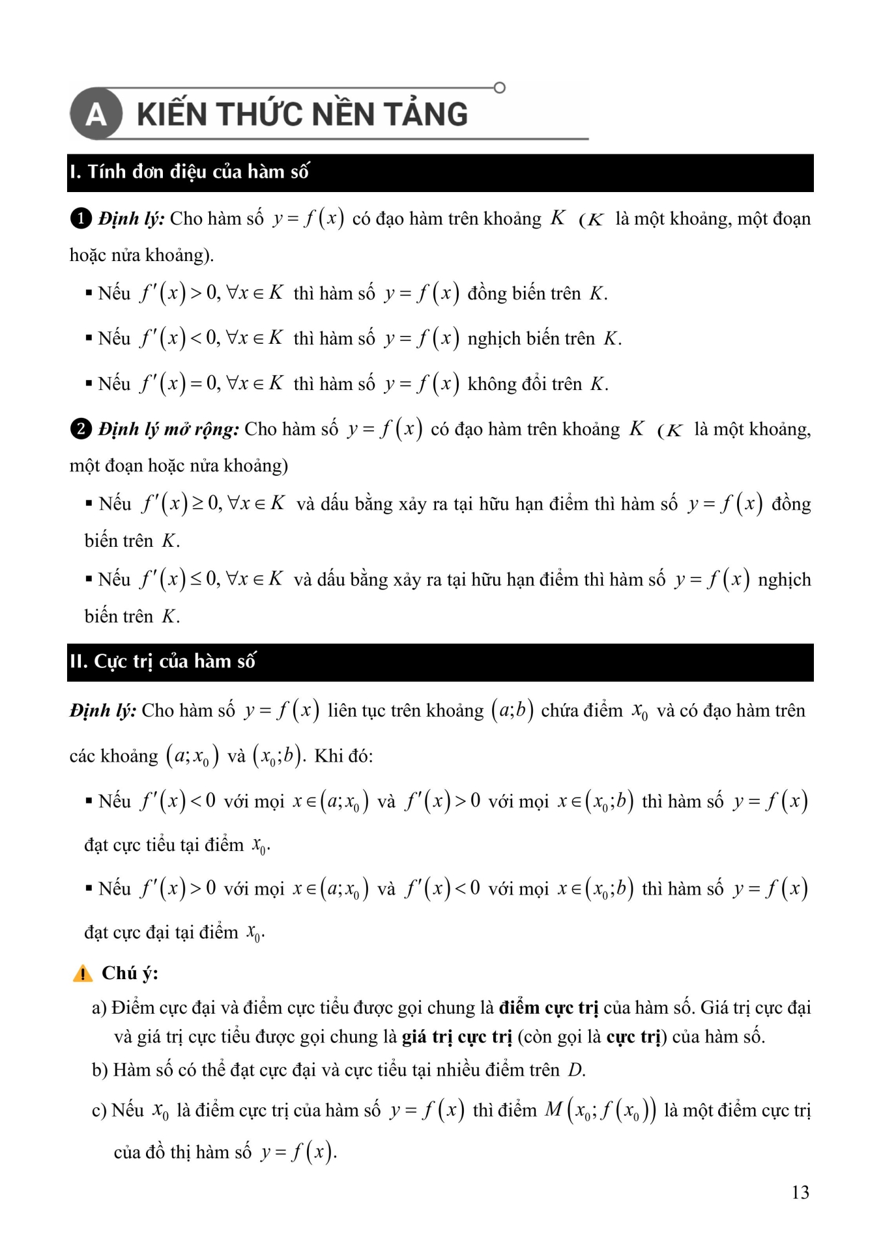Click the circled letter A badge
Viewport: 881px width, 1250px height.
point(96,114)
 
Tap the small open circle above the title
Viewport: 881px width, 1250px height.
point(500,87)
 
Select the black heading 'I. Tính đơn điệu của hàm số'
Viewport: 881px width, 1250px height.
point(190,172)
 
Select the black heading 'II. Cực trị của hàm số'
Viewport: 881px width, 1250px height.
point(163,661)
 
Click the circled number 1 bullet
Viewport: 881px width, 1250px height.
point(80,218)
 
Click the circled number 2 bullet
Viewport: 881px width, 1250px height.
point(80,429)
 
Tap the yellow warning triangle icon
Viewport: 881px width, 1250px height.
point(83,974)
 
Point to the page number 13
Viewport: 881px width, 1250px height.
point(800,1192)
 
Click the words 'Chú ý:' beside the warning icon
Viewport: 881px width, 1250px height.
point(130,973)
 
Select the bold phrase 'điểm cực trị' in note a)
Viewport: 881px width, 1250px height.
point(548,1008)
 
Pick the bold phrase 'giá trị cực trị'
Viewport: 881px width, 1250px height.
point(457,1036)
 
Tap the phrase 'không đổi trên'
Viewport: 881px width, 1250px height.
point(525,384)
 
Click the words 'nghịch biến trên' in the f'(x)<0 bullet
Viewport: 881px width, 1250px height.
point(531,339)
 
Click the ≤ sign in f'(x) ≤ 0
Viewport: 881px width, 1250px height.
point(195,579)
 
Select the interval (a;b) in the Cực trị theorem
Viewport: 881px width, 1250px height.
point(512,710)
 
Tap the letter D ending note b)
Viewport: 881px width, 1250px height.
point(575,1070)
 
